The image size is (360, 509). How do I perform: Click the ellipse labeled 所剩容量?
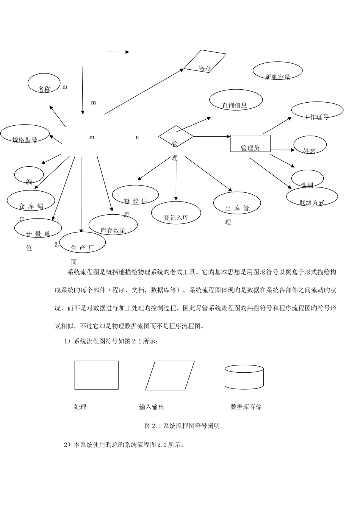pyautogui.click(x=277, y=71)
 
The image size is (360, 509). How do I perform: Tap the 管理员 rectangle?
pyautogui.click(x=250, y=144)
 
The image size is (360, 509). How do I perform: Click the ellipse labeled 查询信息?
pyautogui.click(x=236, y=100)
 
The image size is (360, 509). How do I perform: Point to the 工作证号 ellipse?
pyautogui.click(x=317, y=111)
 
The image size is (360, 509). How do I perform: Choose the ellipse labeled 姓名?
pyautogui.click(x=310, y=145)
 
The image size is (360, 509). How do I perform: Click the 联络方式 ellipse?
pyautogui.click(x=312, y=197)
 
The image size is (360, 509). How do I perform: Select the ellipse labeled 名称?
pyautogui.click(x=44, y=83)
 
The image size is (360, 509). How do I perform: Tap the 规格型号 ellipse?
pyautogui.click(x=25, y=134)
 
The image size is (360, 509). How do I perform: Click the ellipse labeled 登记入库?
pyautogui.click(x=176, y=213)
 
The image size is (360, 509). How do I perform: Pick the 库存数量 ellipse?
pyautogui.click(x=113, y=225)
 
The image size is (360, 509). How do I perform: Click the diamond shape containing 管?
pyautogui.click(x=176, y=136)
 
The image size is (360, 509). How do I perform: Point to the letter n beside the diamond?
pyautogui.click(x=137, y=137)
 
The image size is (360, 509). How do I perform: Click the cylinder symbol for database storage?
pyautogui.click(x=244, y=377)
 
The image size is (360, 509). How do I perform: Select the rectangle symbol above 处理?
pyautogui.click(x=96, y=375)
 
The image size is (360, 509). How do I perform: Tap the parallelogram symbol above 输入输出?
pyautogui.click(x=170, y=375)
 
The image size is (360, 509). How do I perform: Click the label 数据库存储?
pyautogui.click(x=246, y=407)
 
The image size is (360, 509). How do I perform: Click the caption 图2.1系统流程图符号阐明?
pyautogui.click(x=182, y=426)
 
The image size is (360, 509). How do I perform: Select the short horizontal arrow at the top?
pyautogui.click(x=117, y=52)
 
